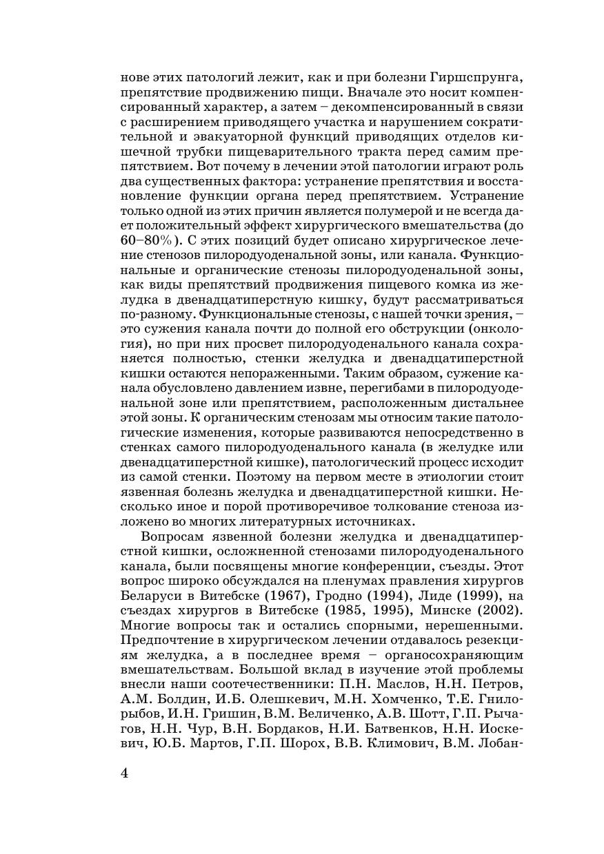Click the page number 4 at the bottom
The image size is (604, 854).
[125, 772]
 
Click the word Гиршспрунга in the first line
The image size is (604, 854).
[471, 76]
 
